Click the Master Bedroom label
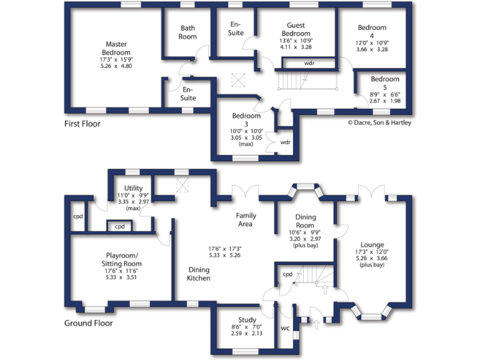tap(116, 49)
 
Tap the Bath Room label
tap(188, 32)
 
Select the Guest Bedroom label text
tap(296, 29)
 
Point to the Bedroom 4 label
tap(372, 32)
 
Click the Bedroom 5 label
tap(384, 83)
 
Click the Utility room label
tap(133, 188)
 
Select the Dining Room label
tap(305, 221)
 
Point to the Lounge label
tap(372, 244)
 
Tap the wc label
tap(285, 328)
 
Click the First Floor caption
tap(82, 124)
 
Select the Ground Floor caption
tap(88, 323)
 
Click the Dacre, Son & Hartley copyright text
tap(379, 123)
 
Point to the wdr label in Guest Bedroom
tap(309, 63)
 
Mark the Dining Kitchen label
tap(199, 274)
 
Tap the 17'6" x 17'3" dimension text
tap(224, 248)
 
